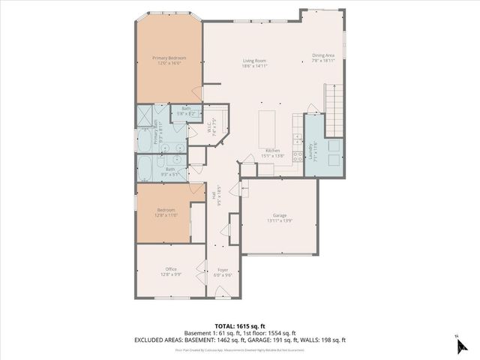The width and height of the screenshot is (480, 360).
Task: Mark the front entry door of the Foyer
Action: tap(223, 298)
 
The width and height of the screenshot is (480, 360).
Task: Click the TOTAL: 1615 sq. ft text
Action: tap(239, 327)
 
